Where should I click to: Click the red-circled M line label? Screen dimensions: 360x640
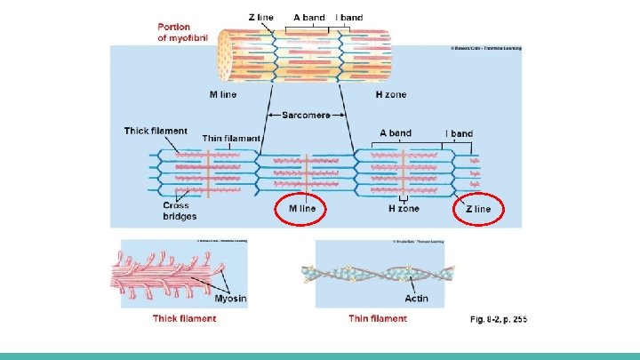point(301,209)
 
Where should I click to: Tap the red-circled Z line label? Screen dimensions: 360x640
point(477,209)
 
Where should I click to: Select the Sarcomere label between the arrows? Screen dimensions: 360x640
point(306,115)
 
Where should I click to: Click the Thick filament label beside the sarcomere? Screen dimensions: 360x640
point(156,131)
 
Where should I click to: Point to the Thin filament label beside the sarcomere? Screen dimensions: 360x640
point(231,138)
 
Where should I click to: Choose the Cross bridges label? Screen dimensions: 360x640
point(180,211)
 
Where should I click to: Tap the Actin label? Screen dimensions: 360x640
point(416,299)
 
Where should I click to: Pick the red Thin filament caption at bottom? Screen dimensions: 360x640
point(378,319)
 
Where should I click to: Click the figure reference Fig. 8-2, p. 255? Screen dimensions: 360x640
point(498,319)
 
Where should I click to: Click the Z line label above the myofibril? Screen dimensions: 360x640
point(260,17)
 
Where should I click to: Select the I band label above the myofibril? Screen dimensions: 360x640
point(348,17)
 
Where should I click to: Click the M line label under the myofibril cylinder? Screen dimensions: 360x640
point(223,93)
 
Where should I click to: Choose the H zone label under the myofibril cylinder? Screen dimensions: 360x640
point(390,93)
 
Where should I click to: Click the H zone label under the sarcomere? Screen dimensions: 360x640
point(404,209)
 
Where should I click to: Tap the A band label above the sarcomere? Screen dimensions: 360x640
point(395,133)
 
